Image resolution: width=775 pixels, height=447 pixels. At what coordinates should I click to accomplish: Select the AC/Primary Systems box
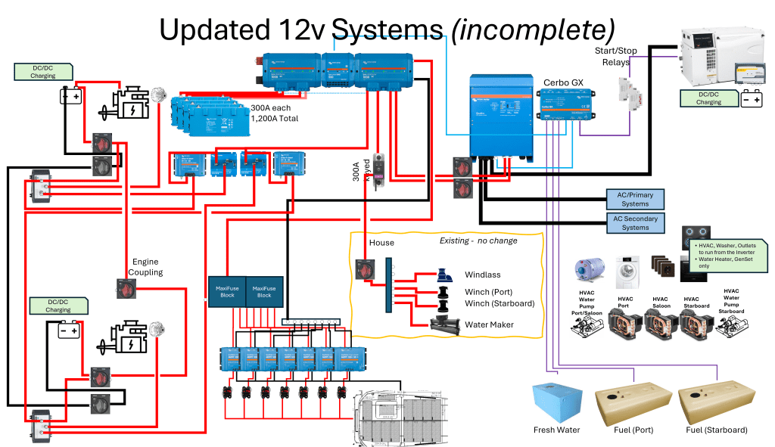click(x=634, y=199)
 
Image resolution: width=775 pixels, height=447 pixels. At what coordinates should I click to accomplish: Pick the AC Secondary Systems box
click(x=634, y=223)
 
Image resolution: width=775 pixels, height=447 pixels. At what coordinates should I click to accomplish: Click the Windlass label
click(x=482, y=275)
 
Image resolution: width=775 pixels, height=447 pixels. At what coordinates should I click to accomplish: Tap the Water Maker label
click(x=489, y=324)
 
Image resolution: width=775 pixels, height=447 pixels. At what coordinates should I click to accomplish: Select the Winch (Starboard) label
click(x=500, y=303)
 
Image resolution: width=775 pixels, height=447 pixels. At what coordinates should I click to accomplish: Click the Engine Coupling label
click(x=145, y=266)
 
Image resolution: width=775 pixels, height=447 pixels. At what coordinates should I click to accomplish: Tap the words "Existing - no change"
click(x=478, y=241)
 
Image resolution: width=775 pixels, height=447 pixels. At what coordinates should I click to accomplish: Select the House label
click(x=381, y=243)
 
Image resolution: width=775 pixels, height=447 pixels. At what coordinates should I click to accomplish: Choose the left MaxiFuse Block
click(x=227, y=291)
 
